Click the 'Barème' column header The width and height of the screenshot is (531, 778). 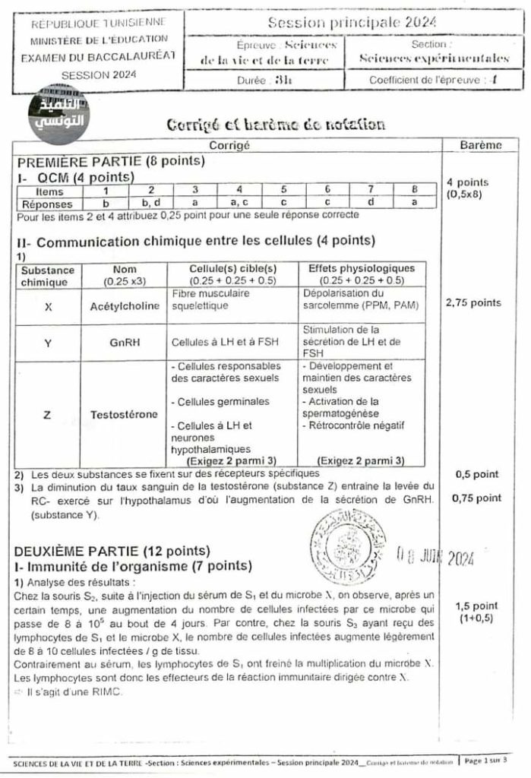(x=480, y=145)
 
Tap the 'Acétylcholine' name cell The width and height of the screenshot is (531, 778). (x=125, y=306)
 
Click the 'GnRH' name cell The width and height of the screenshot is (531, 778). (x=125, y=343)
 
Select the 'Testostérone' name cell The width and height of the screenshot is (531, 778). (x=125, y=415)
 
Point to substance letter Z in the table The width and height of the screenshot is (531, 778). (x=48, y=415)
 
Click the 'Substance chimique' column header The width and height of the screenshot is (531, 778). (x=48, y=275)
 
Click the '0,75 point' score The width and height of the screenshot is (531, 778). (x=476, y=498)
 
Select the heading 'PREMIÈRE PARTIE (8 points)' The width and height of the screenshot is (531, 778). (x=100, y=162)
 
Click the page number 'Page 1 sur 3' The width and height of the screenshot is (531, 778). (x=487, y=760)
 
